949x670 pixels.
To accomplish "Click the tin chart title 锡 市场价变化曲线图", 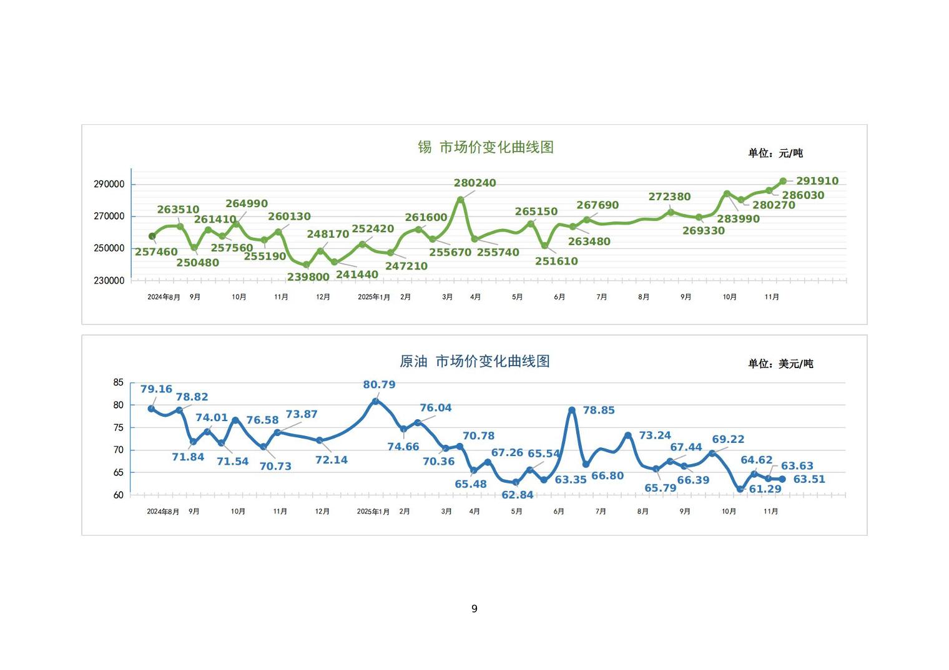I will point(486,147).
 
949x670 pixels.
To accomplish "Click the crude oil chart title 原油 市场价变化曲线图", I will point(474,361).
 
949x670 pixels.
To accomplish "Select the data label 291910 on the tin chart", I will point(817,181).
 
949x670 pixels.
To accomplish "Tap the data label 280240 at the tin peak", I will point(474,183).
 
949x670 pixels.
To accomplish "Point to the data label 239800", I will point(308,277).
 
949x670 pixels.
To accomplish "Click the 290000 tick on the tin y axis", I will point(109,185).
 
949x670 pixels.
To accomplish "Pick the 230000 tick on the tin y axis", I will point(109,281).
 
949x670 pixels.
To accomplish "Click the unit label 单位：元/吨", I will point(775,153).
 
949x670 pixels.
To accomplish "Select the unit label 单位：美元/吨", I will point(780,364).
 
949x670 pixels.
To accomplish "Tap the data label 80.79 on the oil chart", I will point(379,385).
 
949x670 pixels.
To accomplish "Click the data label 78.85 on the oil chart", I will point(599,410).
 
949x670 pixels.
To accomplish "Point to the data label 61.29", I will point(765,489).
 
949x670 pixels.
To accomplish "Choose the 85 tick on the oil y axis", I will point(119,382).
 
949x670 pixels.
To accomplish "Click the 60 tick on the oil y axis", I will point(119,495).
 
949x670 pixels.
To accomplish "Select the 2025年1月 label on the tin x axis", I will point(374,297).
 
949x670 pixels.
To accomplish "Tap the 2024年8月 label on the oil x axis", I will point(163,512).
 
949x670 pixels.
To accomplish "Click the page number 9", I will point(474,609).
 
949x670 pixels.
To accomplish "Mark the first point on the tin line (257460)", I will point(152,236).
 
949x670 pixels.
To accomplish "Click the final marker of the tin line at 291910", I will point(783,182).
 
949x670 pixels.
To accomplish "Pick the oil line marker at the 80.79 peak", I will point(376,402).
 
